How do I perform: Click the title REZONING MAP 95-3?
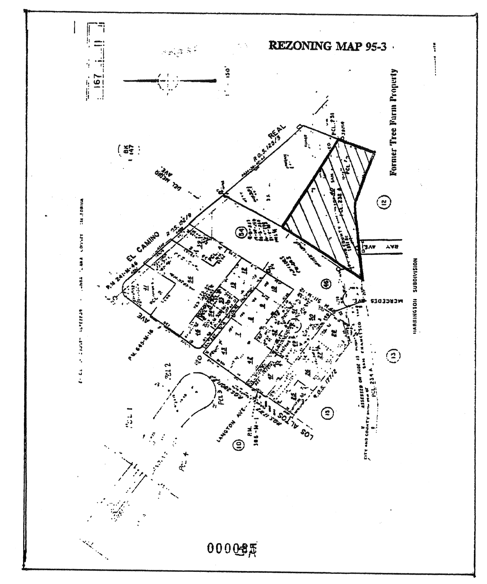coord(328,46)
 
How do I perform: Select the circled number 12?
coord(384,203)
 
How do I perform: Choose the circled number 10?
coord(237,445)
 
